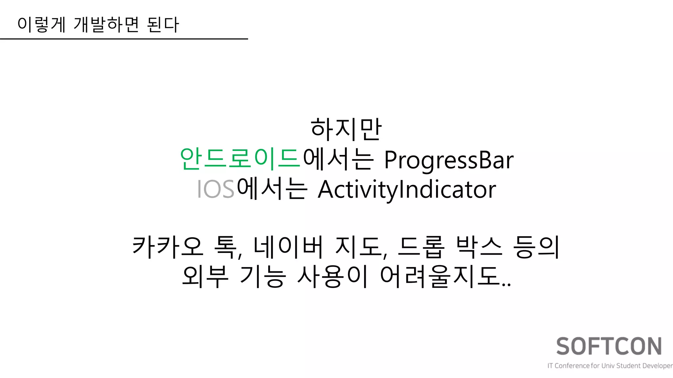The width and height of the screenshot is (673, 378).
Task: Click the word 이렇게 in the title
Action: coord(41,25)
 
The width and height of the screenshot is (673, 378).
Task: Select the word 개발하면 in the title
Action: coord(106,25)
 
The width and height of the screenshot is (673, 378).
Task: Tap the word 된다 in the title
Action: coord(163,25)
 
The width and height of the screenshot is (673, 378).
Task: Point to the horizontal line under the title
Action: coord(124,39)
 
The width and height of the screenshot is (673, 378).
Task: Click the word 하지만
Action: coord(346,129)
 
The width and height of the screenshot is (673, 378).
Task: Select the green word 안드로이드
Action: coord(240,159)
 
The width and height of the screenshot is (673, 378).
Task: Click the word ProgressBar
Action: coord(449,160)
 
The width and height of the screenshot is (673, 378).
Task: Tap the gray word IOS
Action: coord(216,189)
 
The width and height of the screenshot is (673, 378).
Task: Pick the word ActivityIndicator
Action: coord(407,190)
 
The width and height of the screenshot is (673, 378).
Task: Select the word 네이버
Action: coord(288,247)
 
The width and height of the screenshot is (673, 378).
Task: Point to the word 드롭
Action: coord(421,247)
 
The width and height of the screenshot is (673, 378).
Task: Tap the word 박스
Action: coord(479,247)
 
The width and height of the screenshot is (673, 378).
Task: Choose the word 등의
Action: coord(536,247)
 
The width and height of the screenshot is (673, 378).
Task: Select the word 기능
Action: coord(263,276)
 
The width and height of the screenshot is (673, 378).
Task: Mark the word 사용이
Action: coord(332,276)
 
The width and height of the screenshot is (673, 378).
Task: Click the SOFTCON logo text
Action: coord(609,346)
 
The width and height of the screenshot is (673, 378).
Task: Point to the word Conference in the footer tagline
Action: coord(572,366)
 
